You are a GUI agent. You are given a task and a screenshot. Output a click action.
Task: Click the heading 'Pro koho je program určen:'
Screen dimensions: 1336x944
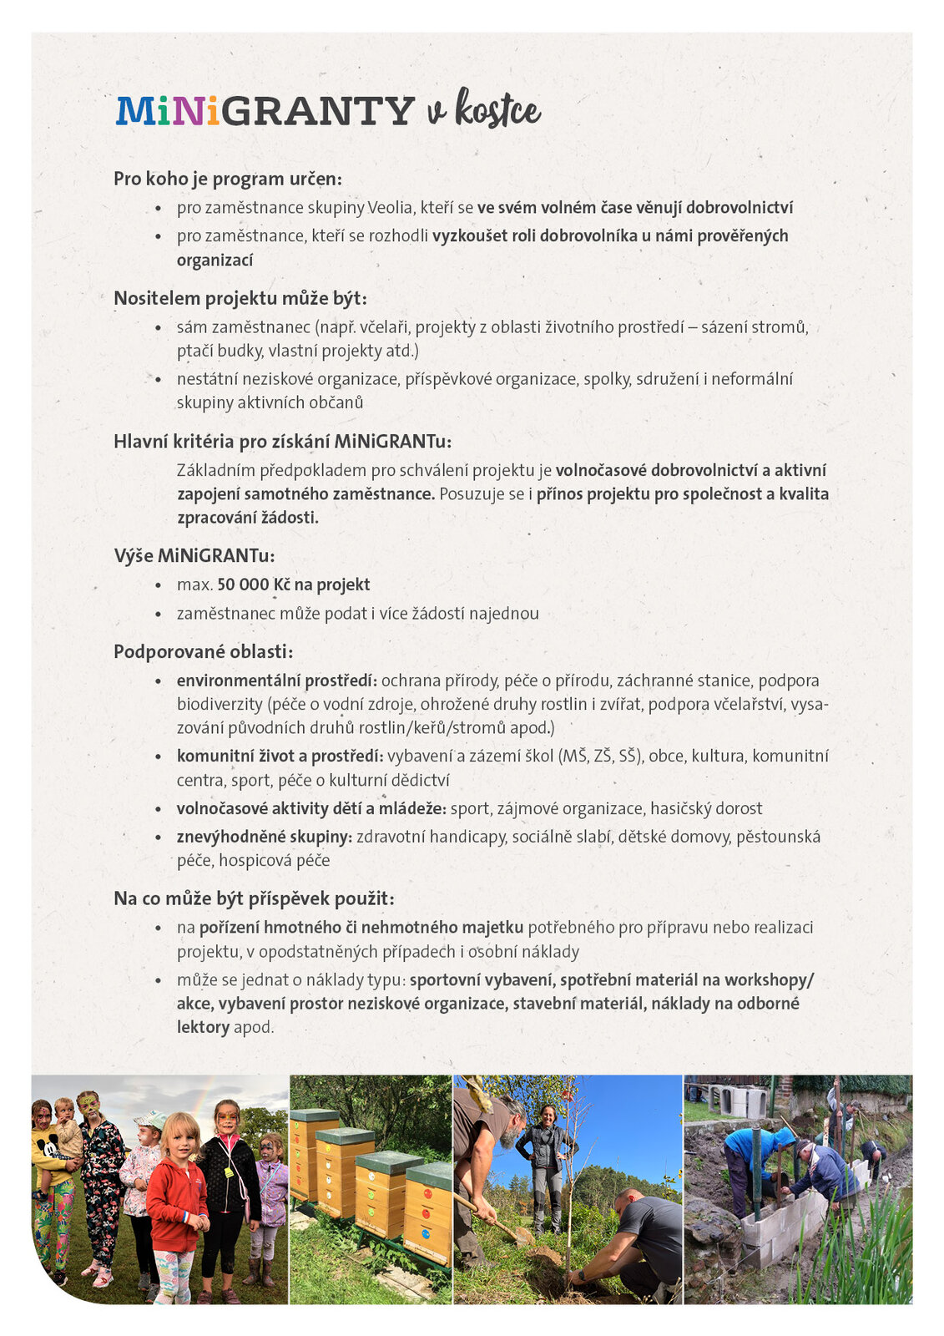pyautogui.click(x=228, y=179)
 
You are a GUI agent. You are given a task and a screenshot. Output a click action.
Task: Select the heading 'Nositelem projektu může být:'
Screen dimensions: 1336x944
pyautogui.click(x=240, y=299)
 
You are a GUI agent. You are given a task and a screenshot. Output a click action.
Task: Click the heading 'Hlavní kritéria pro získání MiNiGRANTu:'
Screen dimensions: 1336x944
pyautogui.click(x=282, y=442)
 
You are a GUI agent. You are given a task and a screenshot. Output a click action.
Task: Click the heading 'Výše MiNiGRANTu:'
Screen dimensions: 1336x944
pyautogui.click(x=194, y=556)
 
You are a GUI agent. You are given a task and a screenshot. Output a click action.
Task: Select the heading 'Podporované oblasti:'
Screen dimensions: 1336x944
pyautogui.click(x=204, y=652)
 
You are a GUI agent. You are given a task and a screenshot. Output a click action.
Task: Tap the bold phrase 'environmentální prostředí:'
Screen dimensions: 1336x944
pyautogui.click(x=277, y=681)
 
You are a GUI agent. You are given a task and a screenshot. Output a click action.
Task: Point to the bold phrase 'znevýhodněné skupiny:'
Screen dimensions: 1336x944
pyautogui.click(x=264, y=837)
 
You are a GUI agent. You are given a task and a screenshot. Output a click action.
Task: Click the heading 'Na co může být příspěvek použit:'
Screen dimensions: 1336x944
pyautogui.click(x=254, y=899)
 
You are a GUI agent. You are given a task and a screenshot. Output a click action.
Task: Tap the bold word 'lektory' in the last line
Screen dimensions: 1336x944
pyautogui.click(x=203, y=1027)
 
